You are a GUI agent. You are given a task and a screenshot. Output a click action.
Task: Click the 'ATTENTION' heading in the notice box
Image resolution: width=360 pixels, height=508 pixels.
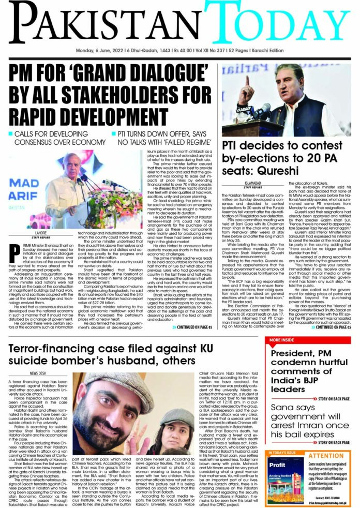[325, 470]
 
